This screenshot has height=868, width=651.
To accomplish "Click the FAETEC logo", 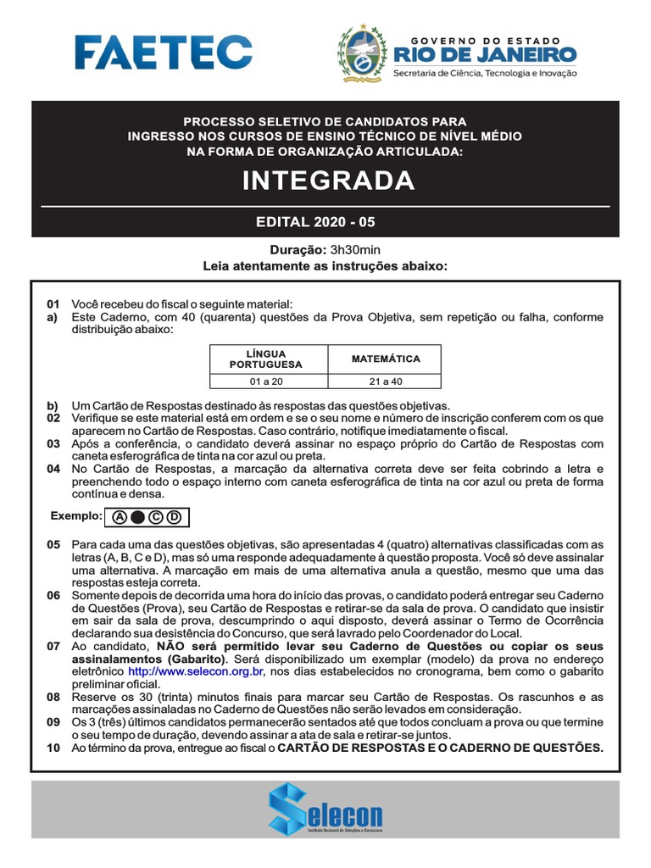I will pos(163,52).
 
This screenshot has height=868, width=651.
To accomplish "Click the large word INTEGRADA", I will pos(329,181).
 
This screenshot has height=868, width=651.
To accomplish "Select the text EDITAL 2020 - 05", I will pos(315,223).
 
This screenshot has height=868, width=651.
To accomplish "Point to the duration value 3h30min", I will pos(356,251).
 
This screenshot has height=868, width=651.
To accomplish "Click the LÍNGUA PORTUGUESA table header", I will pos(265,359).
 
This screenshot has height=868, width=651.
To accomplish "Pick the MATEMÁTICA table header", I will pos(386,359).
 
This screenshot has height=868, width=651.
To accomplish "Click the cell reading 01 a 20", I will pos(265,381).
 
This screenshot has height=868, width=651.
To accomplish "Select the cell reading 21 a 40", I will pos(386,381).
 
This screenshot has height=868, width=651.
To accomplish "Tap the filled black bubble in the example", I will pos(137,516).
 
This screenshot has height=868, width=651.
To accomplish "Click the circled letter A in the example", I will pos(119,516).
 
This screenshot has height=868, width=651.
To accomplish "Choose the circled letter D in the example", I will pos(174,516).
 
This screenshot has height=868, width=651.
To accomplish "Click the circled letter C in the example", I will pos(156,516).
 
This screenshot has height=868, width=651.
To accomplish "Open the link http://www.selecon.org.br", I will pos(197,671).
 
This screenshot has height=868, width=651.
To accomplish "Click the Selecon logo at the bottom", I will pos(325,809).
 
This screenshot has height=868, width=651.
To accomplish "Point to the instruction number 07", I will pos(53,646).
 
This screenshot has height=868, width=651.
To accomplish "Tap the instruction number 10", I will pos(53,748).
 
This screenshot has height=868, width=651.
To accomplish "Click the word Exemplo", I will pos(75,515).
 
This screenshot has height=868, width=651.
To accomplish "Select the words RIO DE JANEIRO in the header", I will pos(485,56).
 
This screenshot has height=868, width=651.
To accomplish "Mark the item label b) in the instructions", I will pos(53,406).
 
